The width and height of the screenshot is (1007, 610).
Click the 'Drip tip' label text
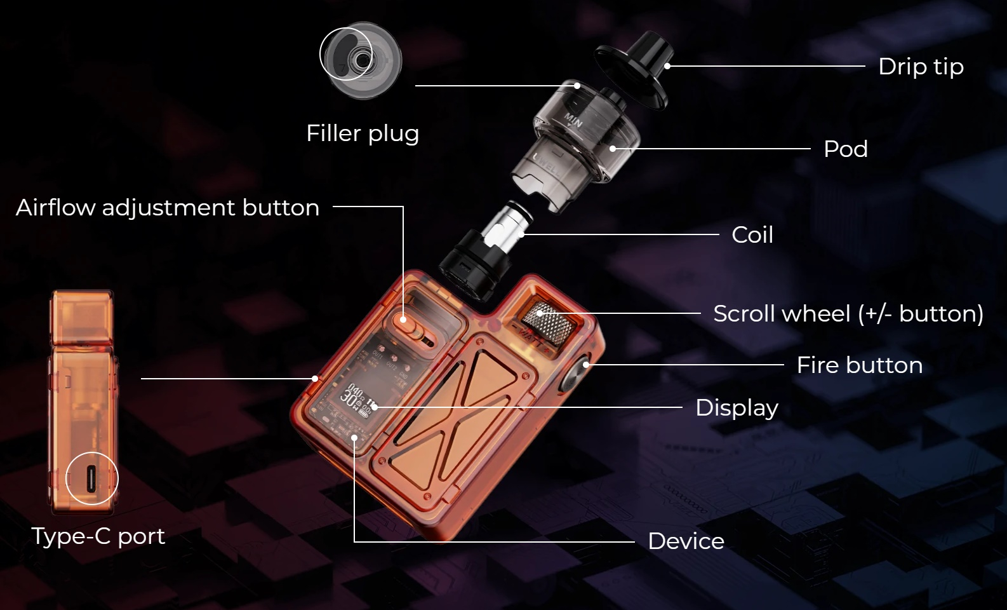tap(921, 67)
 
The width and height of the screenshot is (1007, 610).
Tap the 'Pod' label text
tap(846, 149)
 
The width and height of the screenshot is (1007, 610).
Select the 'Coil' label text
tap(752, 235)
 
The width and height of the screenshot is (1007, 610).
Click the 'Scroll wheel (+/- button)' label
tap(848, 313)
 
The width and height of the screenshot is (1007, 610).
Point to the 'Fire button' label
tap(860, 365)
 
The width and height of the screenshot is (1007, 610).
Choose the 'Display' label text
tap(737, 408)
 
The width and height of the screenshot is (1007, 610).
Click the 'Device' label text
tap(686, 541)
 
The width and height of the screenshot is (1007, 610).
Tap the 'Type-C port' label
tap(98, 536)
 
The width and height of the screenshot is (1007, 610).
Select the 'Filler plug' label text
tap(363, 133)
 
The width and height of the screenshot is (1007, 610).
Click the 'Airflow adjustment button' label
tap(167, 208)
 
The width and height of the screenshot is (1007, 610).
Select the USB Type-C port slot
tap(91, 478)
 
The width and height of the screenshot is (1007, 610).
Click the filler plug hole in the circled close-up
tap(359, 60)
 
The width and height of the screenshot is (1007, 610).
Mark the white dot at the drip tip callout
tap(667, 66)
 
